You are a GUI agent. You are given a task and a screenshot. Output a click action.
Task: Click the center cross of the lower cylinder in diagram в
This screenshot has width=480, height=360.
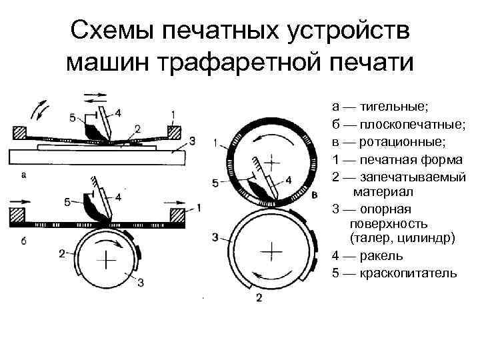coord(271,253)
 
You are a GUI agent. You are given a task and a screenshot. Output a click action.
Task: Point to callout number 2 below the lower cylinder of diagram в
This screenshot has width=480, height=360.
coord(259,297)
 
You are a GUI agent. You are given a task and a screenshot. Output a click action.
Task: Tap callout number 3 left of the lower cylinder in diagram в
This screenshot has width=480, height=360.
coord(215,237)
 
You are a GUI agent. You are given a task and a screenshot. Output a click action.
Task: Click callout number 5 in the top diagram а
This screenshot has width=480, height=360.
coord(72,118)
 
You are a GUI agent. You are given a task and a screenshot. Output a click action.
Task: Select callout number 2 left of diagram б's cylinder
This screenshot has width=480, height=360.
coord(61,253)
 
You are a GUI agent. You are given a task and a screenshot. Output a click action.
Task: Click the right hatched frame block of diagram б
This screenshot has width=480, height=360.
coord(178,215)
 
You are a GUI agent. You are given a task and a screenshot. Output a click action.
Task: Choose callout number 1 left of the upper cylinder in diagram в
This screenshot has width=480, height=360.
coord(215,142)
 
